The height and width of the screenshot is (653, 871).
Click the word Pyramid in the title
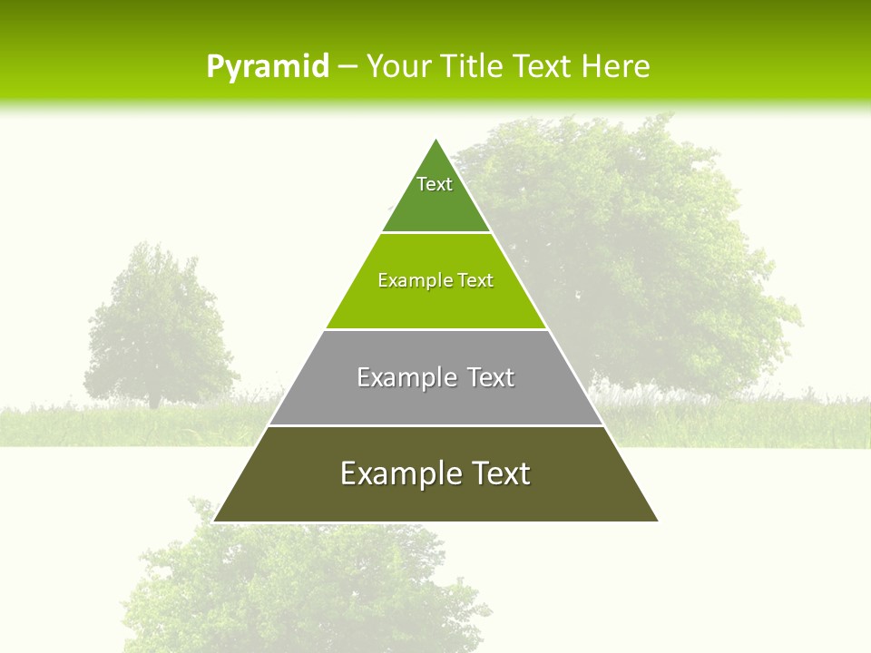pyautogui.click(x=267, y=66)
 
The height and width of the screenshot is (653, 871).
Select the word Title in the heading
pyautogui.click(x=475, y=66)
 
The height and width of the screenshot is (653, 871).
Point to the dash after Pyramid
pyautogui.click(x=347, y=67)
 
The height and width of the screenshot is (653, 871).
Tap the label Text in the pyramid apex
pyautogui.click(x=435, y=184)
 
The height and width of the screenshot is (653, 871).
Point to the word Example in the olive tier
pyautogui.click(x=396, y=473)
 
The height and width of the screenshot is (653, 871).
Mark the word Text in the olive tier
pyautogui.click(x=499, y=473)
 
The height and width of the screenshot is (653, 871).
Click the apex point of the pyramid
pyautogui.click(x=436, y=140)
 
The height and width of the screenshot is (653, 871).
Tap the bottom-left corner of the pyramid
pyautogui.click(x=215, y=521)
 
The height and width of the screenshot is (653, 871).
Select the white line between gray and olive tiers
pyautogui.click(x=435, y=425)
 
